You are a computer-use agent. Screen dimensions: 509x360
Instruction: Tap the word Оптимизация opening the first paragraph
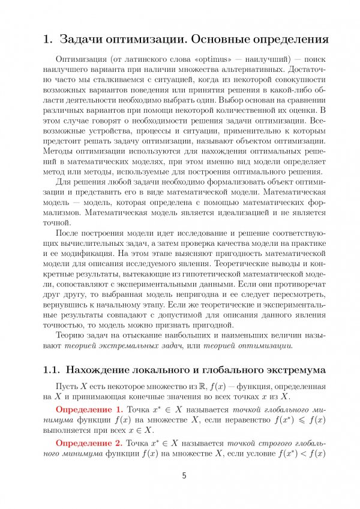tap(80, 60)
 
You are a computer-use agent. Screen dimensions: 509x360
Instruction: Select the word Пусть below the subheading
tap(67, 385)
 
